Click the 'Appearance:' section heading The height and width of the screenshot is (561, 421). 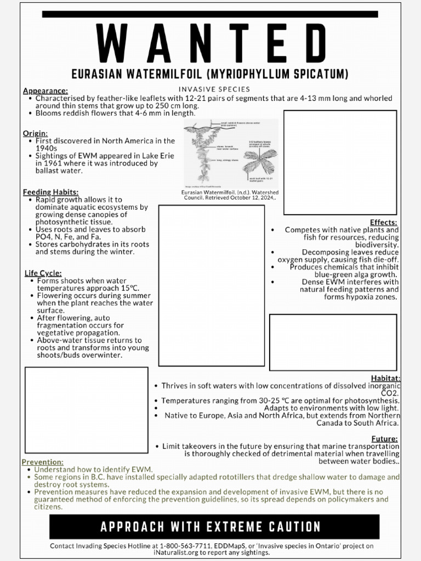[x=45, y=91]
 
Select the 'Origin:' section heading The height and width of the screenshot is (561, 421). [x=35, y=133]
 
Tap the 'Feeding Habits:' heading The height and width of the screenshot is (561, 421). [x=50, y=192]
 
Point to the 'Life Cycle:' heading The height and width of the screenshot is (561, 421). [x=43, y=273]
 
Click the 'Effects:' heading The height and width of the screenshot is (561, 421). [x=384, y=222]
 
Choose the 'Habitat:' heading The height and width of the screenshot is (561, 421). [x=385, y=378]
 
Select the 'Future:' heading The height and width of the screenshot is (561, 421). [x=385, y=438]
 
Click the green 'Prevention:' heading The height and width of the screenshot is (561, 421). [x=43, y=462]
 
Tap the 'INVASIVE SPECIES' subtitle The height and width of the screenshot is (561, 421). [x=214, y=89]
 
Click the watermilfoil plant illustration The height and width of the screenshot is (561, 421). [x=231, y=152]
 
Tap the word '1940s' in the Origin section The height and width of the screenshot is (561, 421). [x=47, y=148]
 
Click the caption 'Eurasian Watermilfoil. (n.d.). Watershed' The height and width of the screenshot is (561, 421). [x=230, y=192]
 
